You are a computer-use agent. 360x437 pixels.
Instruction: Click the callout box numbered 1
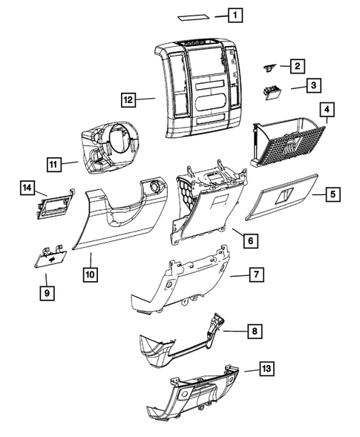[x=235, y=15]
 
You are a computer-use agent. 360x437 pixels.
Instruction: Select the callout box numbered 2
[x=296, y=66]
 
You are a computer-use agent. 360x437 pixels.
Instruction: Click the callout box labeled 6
[x=251, y=241]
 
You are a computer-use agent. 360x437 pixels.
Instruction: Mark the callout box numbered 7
[x=255, y=276]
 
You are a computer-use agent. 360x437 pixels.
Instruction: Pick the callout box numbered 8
[x=255, y=332]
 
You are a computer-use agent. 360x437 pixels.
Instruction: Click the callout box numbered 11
[x=53, y=163]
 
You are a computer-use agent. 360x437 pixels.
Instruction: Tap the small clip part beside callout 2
[x=269, y=68]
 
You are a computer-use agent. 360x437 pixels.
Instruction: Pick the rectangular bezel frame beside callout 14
[x=56, y=202]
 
